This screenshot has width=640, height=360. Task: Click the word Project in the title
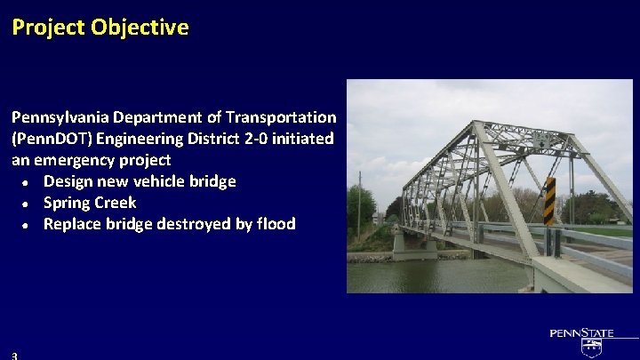pyautogui.click(x=48, y=28)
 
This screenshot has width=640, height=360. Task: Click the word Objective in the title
pyautogui.click(x=140, y=28)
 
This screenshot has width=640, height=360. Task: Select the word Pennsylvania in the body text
pyautogui.click(x=60, y=118)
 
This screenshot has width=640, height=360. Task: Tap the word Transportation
pyautogui.click(x=281, y=117)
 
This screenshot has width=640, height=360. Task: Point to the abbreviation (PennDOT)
pyautogui.click(x=52, y=139)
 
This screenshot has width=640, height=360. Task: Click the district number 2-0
pyautogui.click(x=256, y=139)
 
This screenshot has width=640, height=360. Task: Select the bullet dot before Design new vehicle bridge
pyautogui.click(x=25, y=183)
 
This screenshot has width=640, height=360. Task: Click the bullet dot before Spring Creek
pyautogui.click(x=25, y=204)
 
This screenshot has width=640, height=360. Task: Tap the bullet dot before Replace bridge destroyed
pyautogui.click(x=25, y=226)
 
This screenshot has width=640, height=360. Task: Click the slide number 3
pyautogui.click(x=15, y=356)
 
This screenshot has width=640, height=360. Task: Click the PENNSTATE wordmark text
pyautogui.click(x=581, y=333)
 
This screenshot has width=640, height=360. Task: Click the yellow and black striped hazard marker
pyautogui.click(x=550, y=201)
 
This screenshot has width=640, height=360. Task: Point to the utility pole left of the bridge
pyautogui.click(x=360, y=206)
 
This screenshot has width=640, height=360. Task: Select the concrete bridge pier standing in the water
pyautogui.click(x=415, y=247)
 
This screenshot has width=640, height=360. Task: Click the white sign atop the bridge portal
pyautogui.click(x=542, y=140)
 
